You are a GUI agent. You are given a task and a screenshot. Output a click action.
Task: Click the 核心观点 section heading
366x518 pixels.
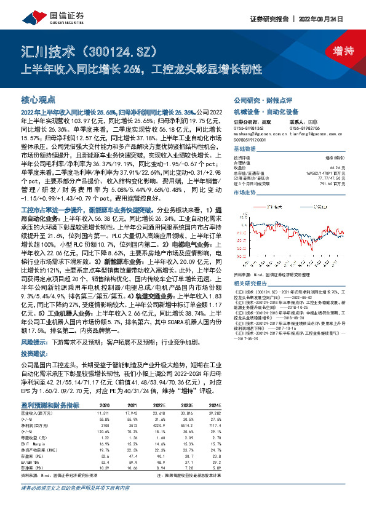click(38, 100)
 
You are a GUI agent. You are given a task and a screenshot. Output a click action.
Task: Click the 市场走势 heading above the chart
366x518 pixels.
click(244, 193)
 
